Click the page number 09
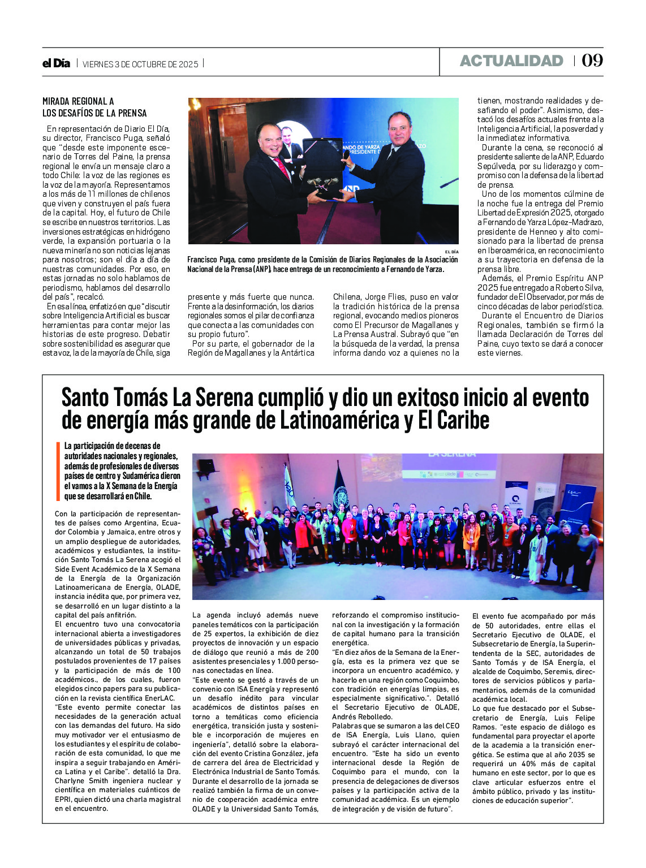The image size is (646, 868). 592,61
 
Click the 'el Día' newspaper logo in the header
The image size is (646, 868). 56,63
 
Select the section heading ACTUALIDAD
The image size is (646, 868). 511,61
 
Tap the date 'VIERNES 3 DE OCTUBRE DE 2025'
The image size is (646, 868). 140,64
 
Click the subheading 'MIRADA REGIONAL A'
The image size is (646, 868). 78,101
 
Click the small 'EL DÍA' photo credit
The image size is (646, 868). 451,251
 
